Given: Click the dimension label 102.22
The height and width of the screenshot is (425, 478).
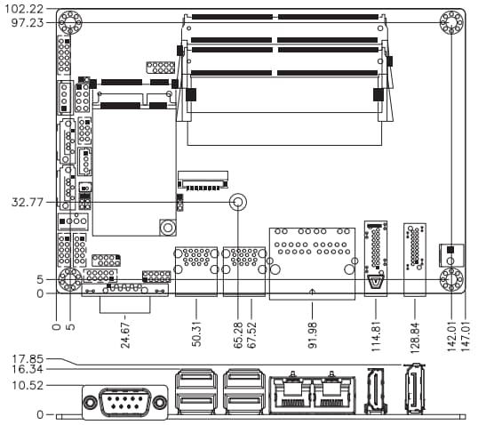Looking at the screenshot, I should pos(23,8).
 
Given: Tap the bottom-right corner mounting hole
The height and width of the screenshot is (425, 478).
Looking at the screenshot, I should pos(451,281).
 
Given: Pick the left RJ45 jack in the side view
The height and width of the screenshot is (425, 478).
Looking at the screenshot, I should pos(289,394).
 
